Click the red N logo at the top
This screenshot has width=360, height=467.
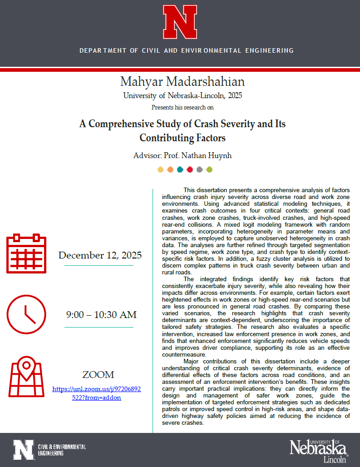tap(180, 21)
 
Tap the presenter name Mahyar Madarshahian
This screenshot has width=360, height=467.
tap(182, 82)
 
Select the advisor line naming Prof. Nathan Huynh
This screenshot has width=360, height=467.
tap(182, 155)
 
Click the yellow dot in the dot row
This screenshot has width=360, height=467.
tap(161, 170)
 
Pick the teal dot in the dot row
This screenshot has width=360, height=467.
tap(180, 170)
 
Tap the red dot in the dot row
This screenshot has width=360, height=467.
tap(190, 170)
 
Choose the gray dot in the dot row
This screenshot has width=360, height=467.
tap(200, 170)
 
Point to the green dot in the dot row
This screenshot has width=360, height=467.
tap(209, 170)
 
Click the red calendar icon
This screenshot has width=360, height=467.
tap(26, 253)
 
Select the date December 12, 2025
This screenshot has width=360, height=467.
tap(100, 255)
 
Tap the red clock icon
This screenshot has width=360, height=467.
tap(26, 314)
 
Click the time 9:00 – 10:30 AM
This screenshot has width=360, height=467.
tap(101, 315)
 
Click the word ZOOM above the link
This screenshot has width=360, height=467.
tap(98, 375)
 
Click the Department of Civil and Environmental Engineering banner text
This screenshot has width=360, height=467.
tap(186, 50)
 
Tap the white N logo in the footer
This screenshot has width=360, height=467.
tap(23, 450)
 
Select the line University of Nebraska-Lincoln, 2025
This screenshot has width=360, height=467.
tap(182, 96)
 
